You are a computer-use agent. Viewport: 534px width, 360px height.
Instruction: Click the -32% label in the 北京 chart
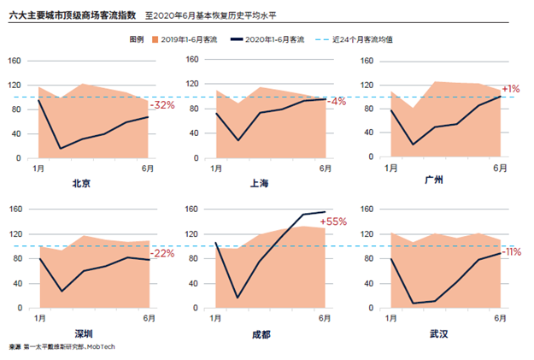(162, 105)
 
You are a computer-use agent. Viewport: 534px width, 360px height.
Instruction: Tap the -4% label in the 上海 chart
(337, 101)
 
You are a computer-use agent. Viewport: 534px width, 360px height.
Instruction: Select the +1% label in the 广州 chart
(511, 89)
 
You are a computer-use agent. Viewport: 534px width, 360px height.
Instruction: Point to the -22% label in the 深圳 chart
(162, 253)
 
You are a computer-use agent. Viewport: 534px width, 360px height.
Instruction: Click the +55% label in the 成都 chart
(333, 221)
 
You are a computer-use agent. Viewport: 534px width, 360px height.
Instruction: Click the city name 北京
(82, 183)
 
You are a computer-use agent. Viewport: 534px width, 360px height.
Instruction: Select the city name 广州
(435, 182)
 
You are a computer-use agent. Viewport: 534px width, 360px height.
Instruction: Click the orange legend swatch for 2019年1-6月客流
(154, 39)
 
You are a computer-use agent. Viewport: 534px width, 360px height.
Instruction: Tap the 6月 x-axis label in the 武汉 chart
(499, 320)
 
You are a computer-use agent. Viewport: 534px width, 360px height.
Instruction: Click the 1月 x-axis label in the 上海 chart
(214, 169)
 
